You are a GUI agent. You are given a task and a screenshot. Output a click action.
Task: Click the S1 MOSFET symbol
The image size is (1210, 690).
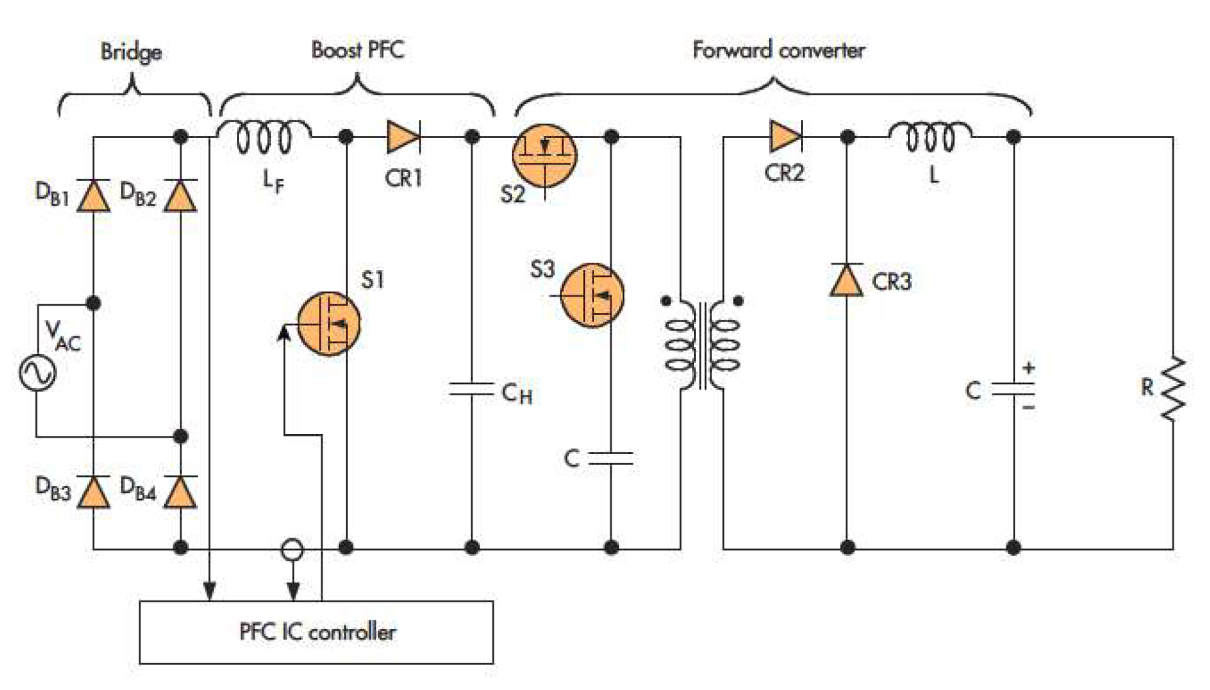pos(328,324)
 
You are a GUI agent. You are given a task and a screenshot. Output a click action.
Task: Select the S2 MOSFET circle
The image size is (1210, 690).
pos(544,155)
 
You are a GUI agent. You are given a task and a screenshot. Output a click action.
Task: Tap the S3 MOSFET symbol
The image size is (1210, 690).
pos(592,295)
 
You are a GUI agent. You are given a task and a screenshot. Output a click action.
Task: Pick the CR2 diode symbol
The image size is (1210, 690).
pos(785,136)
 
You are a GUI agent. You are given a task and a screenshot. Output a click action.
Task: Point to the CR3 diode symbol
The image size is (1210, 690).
pos(846,280)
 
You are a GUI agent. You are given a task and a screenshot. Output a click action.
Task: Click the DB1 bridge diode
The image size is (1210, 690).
pos(93,196)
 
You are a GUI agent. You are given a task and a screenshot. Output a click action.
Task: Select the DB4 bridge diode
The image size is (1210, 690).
pos(180,492)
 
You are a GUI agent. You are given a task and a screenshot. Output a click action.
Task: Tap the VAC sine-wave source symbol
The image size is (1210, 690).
pos(37,372)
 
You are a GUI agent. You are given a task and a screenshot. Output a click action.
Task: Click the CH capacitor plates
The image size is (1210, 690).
pos(471,389)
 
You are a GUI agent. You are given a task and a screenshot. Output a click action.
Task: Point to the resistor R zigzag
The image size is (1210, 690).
pos(1173,389)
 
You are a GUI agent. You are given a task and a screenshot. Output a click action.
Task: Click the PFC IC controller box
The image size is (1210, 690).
pos(316,632)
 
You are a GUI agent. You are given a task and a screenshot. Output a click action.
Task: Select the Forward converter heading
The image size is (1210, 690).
pos(778,50)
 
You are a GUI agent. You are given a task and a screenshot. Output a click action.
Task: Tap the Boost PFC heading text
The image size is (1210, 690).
pos(357,50)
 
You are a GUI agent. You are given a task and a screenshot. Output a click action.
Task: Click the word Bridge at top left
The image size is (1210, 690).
pos(131,52)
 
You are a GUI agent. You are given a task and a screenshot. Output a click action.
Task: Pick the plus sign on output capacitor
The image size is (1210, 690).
pos(1028,367)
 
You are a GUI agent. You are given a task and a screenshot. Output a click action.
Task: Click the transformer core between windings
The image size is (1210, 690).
pos(702,346)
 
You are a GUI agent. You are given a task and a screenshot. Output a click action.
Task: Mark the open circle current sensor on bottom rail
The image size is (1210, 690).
pos(292,549)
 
